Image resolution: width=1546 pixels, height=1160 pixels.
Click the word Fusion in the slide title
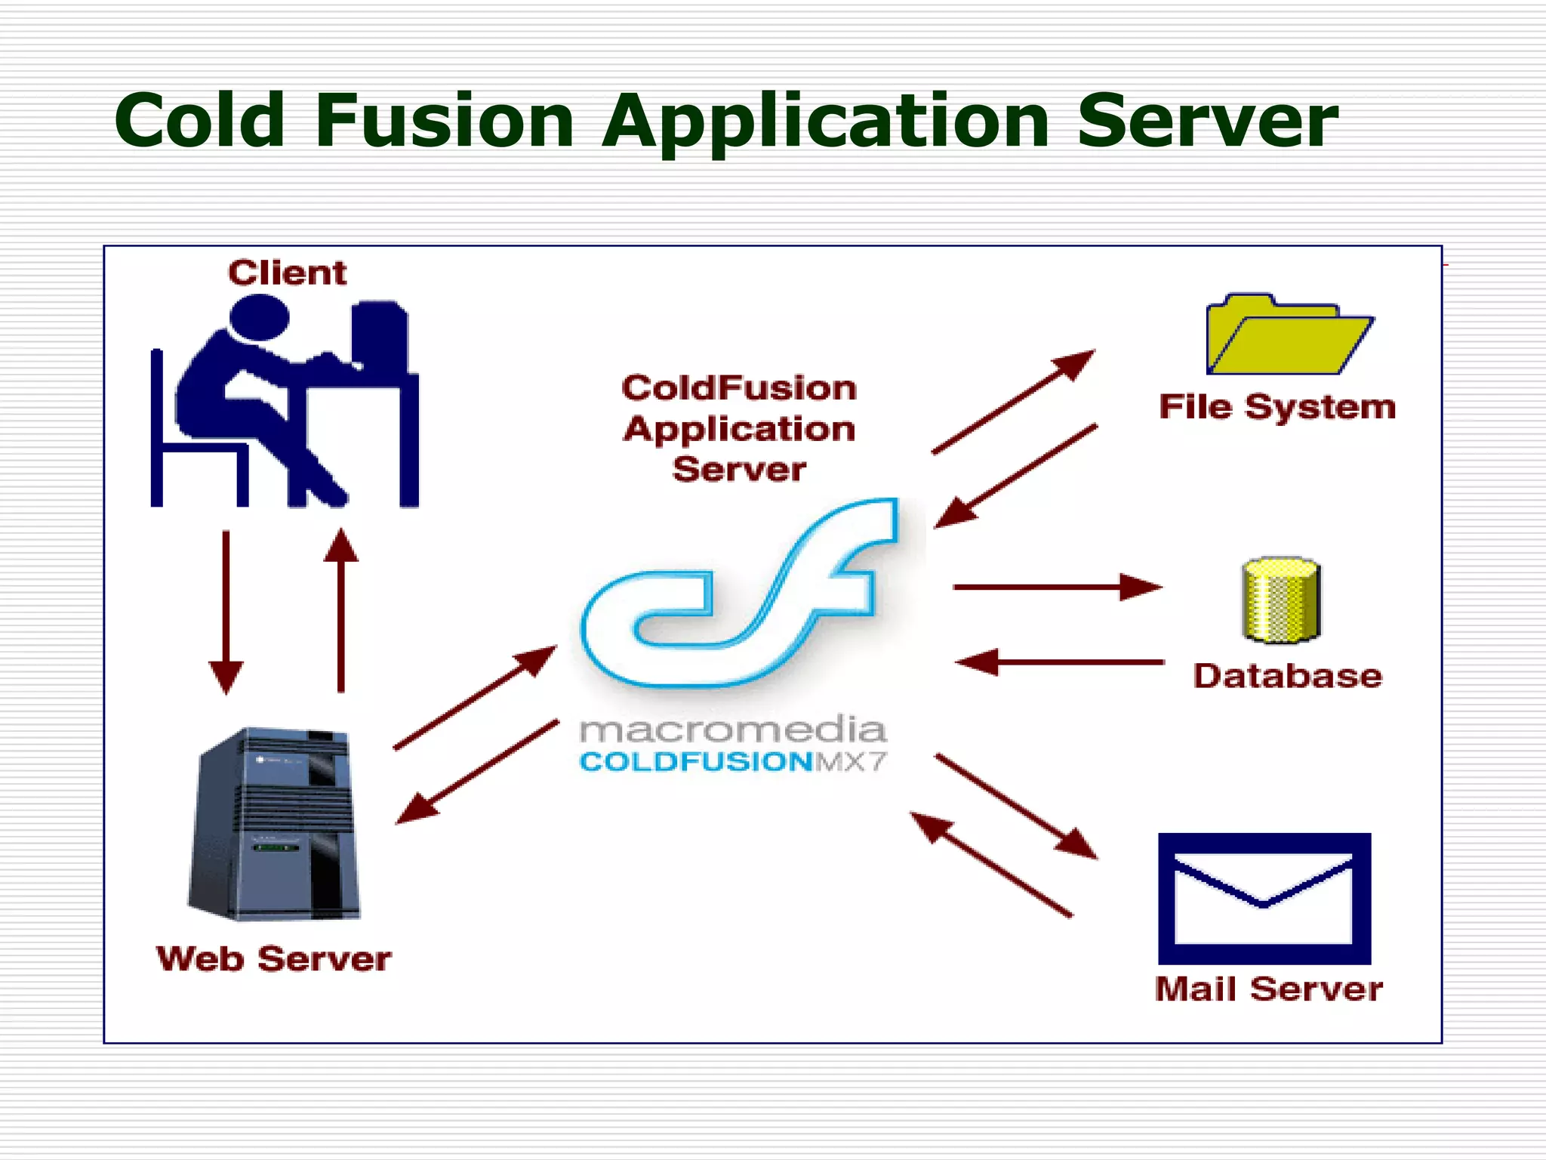point(445,121)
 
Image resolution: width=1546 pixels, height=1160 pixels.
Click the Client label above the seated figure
point(287,273)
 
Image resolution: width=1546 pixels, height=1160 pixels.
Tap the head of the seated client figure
point(259,317)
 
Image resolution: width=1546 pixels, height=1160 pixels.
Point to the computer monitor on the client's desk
point(380,336)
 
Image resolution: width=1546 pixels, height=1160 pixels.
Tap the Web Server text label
point(273,959)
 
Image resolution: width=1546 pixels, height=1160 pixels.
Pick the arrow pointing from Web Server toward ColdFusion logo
point(476,697)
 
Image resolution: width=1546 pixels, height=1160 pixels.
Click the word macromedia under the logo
point(732,730)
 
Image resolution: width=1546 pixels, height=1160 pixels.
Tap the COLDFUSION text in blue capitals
point(695,761)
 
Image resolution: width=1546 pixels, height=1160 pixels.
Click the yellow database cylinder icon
point(1281,600)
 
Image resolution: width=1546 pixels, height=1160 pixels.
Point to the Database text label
point(1287,676)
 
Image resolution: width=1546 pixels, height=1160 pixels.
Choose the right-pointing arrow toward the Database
point(1057,587)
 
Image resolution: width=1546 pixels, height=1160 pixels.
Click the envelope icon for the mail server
point(1264,899)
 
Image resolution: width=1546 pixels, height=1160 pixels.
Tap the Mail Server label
point(1268,989)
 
